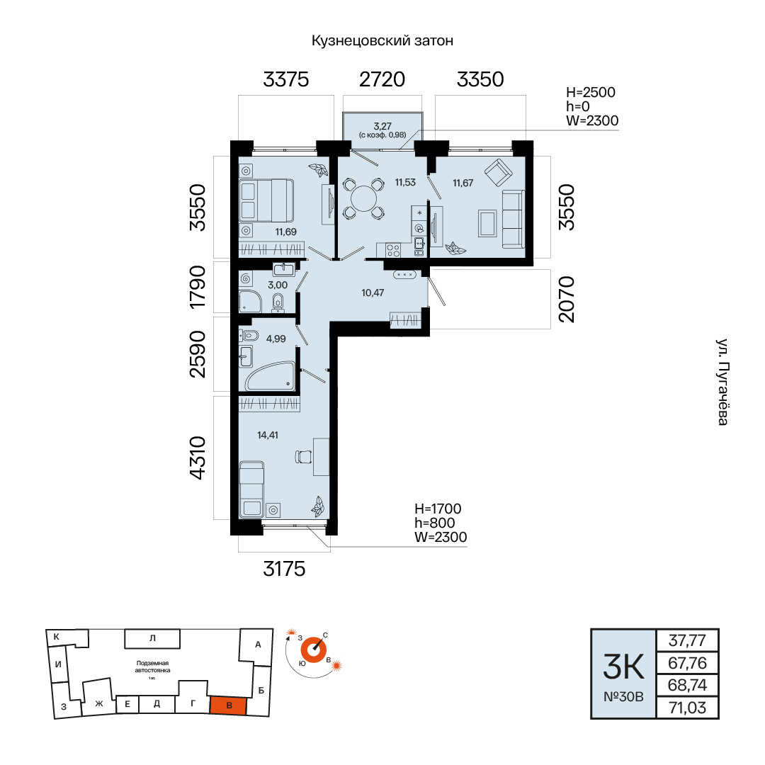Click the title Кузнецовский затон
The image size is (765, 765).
point(382,40)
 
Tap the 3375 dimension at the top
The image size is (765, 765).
point(286,79)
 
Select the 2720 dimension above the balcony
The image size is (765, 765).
point(382,79)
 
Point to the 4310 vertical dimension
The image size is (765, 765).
point(198,458)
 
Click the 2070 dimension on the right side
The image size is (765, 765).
point(567,299)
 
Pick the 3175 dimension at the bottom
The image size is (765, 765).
point(285,569)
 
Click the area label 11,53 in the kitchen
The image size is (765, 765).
point(405,183)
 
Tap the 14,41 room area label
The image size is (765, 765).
point(268,435)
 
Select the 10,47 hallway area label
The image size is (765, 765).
point(373,293)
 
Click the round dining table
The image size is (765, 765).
point(364,198)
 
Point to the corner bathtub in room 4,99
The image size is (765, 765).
point(271,375)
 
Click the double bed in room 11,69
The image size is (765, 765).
point(266,200)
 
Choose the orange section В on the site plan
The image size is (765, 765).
point(228,705)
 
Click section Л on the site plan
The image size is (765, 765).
point(152,638)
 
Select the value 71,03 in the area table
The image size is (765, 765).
point(687,708)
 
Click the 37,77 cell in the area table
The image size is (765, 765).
point(687,640)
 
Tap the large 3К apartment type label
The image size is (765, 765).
point(623,667)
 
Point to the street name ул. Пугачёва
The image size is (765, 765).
point(722,382)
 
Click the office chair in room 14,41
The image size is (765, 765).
point(303,457)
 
